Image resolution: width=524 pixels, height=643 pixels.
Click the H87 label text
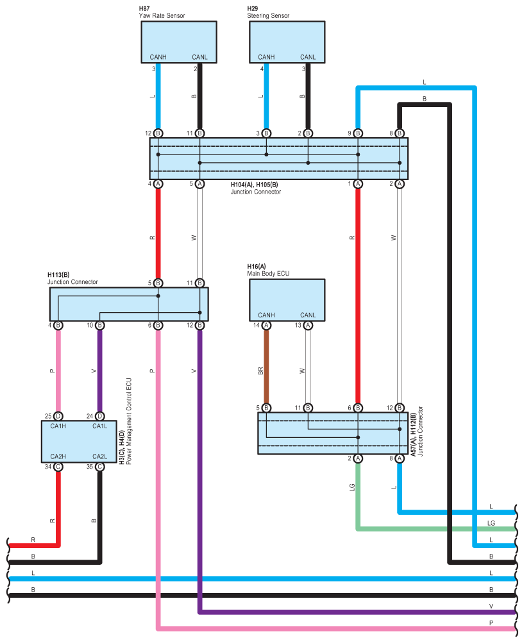click(146, 8)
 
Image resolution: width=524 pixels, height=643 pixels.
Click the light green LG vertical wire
click(358, 494)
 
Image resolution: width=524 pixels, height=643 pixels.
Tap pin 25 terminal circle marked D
click(58, 416)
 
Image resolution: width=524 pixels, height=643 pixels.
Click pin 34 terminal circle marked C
click(58, 467)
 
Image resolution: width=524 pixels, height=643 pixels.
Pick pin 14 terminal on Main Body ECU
click(266, 325)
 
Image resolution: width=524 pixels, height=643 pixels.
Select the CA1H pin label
click(58, 426)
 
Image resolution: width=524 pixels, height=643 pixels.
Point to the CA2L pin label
click(99, 456)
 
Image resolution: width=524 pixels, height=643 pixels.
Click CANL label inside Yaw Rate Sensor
click(199, 57)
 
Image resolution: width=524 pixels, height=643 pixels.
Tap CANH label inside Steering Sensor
click(266, 57)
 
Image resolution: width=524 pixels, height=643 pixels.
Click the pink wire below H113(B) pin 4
click(58, 371)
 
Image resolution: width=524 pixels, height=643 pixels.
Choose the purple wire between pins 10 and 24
click(99, 371)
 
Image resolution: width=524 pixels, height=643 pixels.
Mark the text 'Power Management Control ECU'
click(129, 420)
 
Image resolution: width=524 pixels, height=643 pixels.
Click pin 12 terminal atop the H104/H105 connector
click(158, 133)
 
